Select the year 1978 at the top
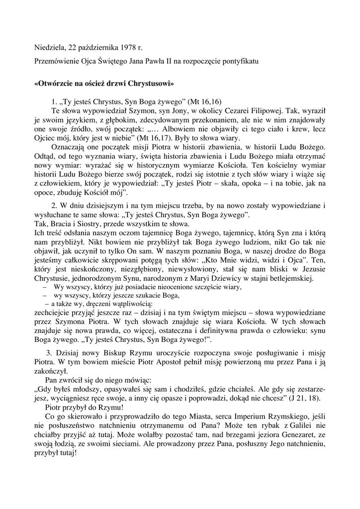(127, 48)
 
